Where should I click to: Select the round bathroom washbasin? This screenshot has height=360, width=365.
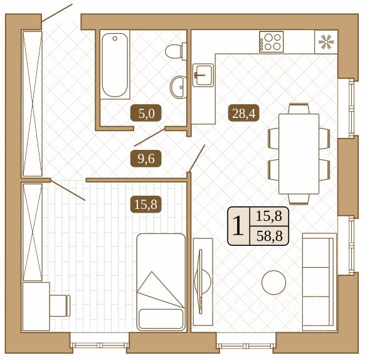(179, 87)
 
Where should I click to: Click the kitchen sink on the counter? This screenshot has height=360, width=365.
(203, 75)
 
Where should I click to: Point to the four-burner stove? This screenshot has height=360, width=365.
(271, 41)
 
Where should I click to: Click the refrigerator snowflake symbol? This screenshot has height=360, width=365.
(326, 42)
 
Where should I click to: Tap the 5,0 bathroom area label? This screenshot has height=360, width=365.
(146, 113)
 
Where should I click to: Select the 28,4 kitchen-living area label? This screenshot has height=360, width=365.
(243, 113)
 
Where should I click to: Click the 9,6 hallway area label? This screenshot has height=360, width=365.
(146, 159)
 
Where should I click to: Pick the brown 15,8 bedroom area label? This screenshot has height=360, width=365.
(145, 204)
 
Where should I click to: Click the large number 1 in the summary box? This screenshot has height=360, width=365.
(238, 226)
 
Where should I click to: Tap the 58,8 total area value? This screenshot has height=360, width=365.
(269, 236)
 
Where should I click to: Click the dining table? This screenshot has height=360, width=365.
(299, 154)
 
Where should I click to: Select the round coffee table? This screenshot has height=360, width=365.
(273, 282)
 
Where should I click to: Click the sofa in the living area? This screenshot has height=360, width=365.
(319, 282)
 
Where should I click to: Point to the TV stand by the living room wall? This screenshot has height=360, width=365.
(203, 282)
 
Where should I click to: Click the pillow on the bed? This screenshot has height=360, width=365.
(161, 319)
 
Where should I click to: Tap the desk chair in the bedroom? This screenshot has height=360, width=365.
(60, 305)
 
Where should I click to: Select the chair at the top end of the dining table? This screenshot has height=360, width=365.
(299, 109)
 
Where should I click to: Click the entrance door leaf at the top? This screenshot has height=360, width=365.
(57, 13)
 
